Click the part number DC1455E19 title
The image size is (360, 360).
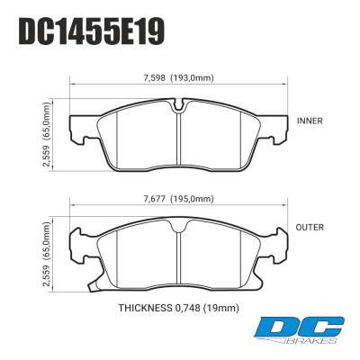pyautogui.click(x=91, y=33)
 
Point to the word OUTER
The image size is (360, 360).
pyautogui.click(x=310, y=229)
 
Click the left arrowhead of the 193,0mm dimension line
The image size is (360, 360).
pyautogui.click(x=73, y=86)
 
